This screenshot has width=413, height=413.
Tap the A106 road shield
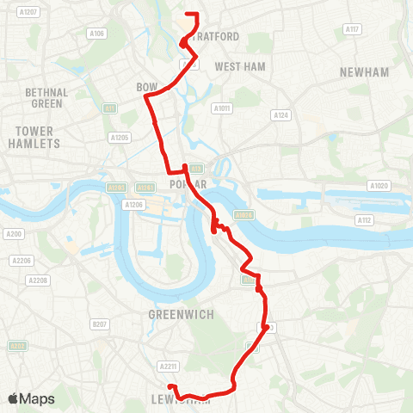97,34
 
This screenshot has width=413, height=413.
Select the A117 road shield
351,29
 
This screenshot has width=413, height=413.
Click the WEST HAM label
240,66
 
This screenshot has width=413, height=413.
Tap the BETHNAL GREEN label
46,97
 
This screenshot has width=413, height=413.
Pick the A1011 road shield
222,108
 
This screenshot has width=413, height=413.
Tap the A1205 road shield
120,137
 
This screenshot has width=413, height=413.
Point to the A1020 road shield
379,185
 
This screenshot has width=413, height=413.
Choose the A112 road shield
366,220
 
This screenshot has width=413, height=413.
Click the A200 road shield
13,233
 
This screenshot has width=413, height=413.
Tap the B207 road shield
100,324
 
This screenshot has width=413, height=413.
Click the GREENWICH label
182,315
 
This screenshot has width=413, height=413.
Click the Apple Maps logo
31,398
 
